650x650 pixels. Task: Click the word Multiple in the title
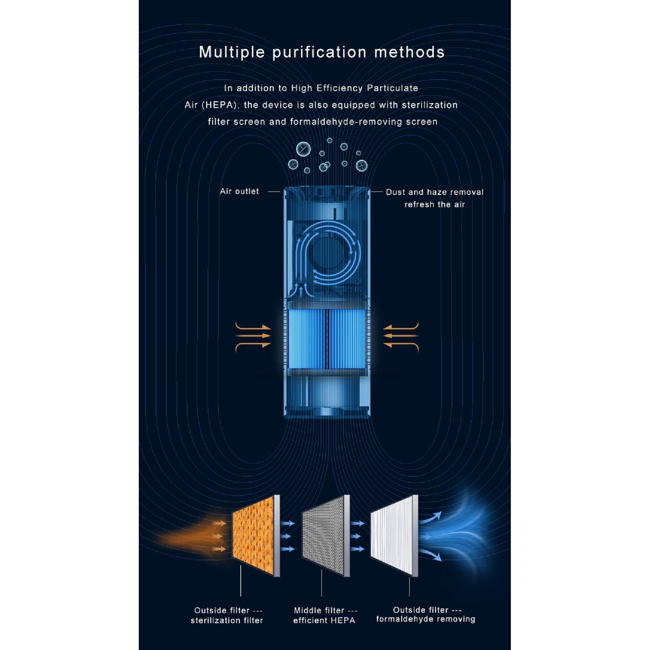[231, 52]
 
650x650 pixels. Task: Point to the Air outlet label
[239, 191]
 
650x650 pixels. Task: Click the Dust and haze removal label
[435, 192]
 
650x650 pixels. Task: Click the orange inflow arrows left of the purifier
[253, 336]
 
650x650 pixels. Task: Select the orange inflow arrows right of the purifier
[401, 336]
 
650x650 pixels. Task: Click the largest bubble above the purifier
[303, 150]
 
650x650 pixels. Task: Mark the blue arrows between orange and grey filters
[288, 536]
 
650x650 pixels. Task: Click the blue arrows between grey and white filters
[358, 536]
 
